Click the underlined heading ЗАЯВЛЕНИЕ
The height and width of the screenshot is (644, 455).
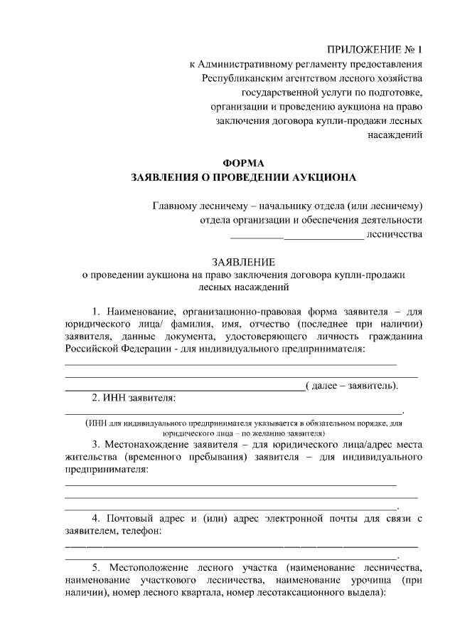tap(242, 262)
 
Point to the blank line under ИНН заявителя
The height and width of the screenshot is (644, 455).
tap(234, 411)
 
